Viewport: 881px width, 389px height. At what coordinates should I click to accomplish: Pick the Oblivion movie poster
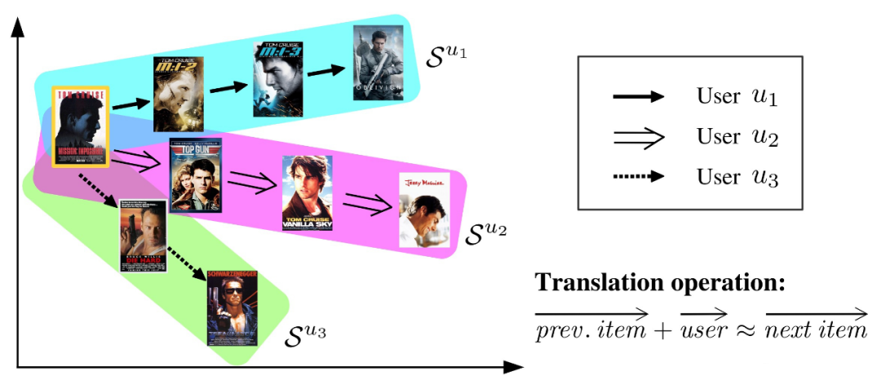(x=378, y=62)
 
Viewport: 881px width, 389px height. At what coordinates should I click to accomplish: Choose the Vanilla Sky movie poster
(x=307, y=192)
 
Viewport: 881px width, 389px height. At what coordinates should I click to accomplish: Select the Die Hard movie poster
(x=143, y=236)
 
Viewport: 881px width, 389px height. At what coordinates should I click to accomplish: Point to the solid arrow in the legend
(x=637, y=96)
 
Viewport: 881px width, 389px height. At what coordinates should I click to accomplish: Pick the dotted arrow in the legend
(x=637, y=176)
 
